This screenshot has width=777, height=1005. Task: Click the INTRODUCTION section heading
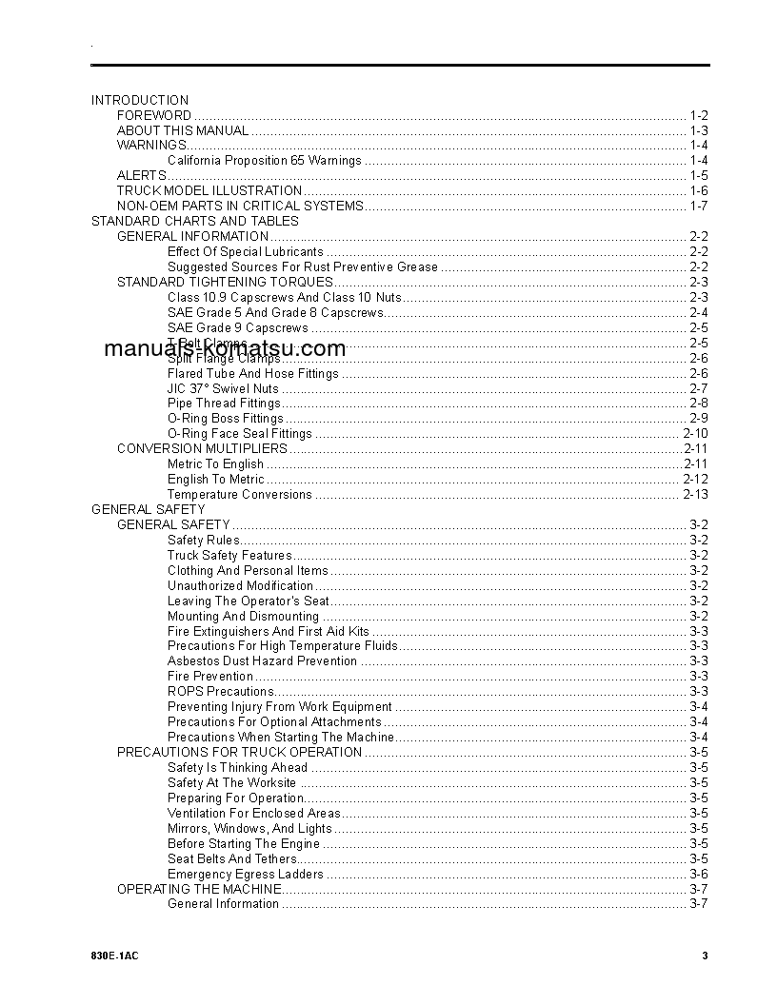(140, 100)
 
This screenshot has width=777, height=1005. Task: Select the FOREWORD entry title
(154, 115)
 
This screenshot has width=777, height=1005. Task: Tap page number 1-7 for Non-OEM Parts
(699, 207)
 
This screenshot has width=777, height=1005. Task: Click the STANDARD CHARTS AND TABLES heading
(195, 222)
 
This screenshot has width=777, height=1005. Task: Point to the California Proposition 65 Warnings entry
(265, 161)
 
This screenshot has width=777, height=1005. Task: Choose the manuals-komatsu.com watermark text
(225, 348)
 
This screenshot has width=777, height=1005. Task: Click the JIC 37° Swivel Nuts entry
(223, 388)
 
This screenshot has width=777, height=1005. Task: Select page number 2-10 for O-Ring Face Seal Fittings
(695, 434)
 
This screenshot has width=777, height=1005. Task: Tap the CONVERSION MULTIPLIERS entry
(202, 448)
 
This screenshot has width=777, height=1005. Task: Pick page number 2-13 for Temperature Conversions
(695, 495)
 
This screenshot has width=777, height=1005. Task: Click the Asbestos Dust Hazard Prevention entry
(262, 661)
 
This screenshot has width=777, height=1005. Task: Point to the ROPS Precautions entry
(221, 692)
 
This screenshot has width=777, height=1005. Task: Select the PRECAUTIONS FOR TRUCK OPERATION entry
(239, 752)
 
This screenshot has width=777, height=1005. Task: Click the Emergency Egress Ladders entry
(246, 874)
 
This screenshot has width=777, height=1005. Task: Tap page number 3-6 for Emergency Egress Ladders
(699, 874)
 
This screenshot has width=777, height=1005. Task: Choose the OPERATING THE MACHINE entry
(199, 889)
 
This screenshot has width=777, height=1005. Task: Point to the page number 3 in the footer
(705, 956)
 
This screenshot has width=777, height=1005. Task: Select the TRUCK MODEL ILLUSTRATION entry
(209, 191)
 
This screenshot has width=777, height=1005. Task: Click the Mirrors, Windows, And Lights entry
(249, 828)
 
